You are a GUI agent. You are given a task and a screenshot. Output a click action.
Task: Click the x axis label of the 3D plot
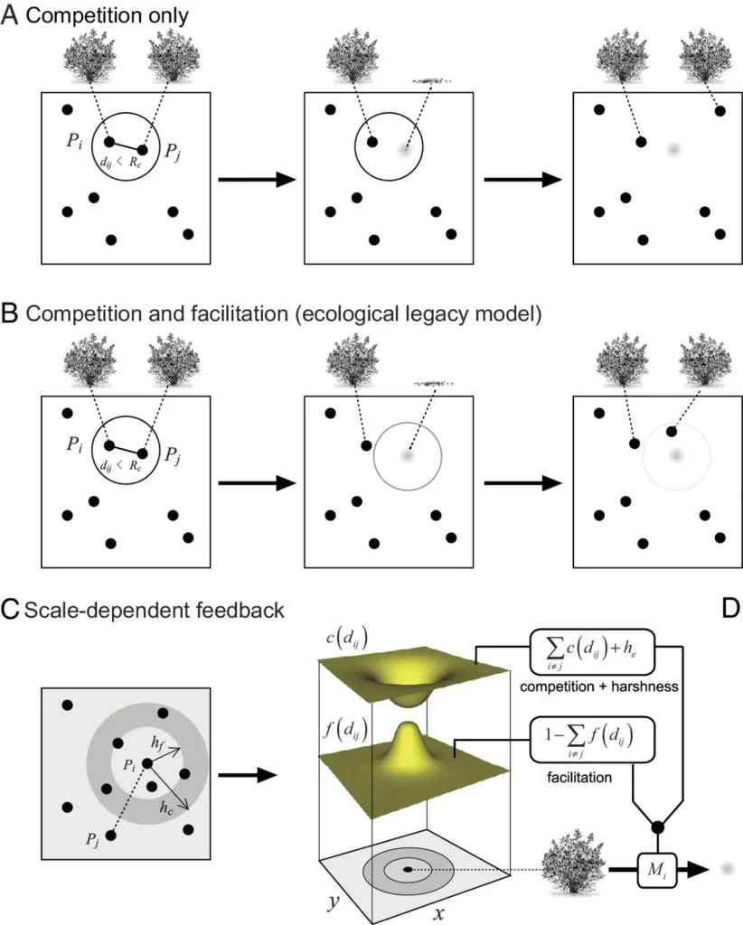pos(439,912)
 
